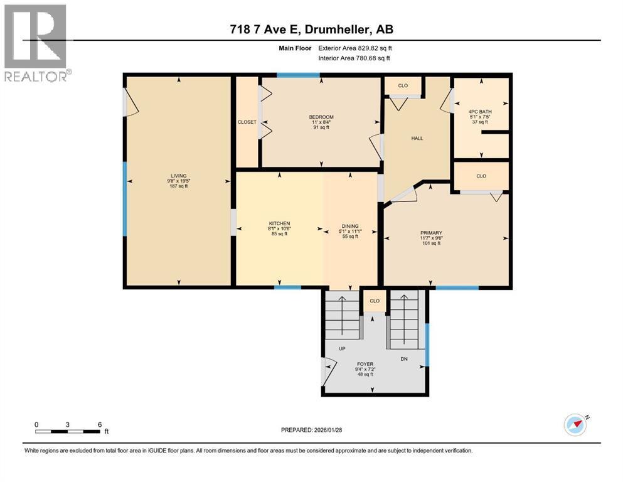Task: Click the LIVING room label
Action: (x=179, y=176)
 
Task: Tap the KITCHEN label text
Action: (x=279, y=223)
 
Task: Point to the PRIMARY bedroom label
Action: (x=431, y=233)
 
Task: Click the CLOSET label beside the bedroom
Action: (x=247, y=122)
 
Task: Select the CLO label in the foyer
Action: (x=375, y=301)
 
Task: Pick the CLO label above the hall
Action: (x=403, y=85)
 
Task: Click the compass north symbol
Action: (x=576, y=425)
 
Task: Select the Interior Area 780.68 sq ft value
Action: (x=354, y=58)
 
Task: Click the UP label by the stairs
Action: (x=343, y=348)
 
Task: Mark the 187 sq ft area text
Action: (x=179, y=186)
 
